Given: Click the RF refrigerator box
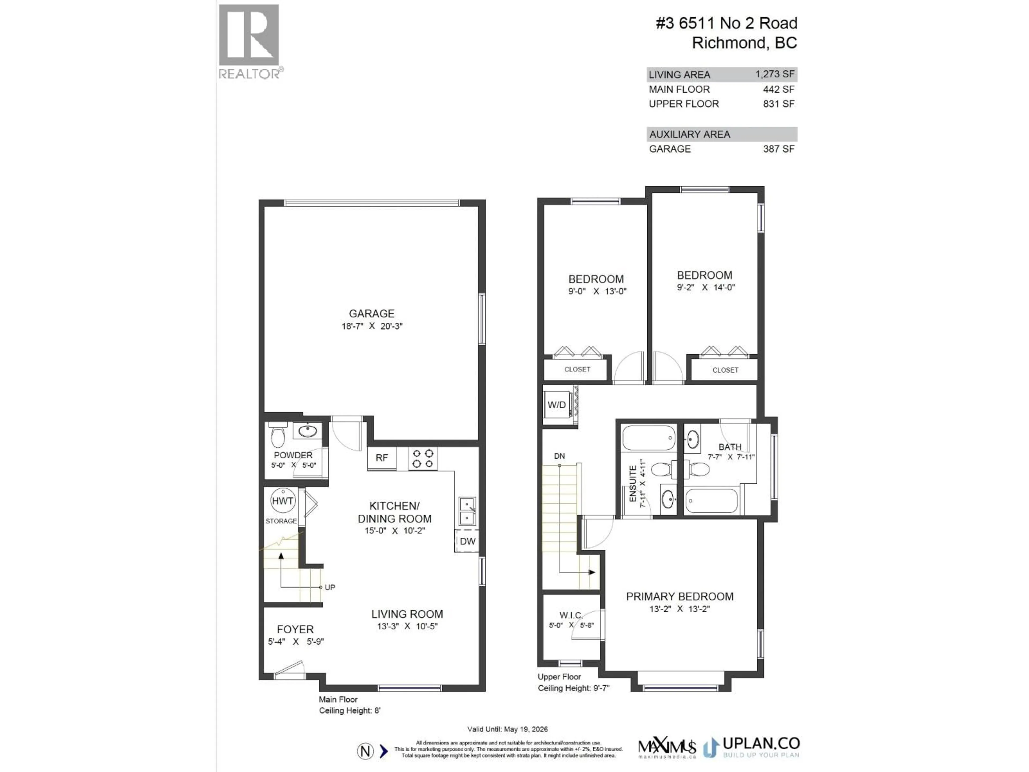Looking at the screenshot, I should click(x=382, y=458).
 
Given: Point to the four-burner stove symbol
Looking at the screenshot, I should click(x=423, y=458).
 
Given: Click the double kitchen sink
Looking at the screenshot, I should click(x=467, y=511).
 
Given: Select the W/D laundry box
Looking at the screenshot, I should click(x=557, y=405).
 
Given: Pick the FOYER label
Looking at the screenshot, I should click(x=295, y=629).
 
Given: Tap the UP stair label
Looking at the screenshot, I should click(x=330, y=587).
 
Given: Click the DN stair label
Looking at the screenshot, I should click(x=559, y=456).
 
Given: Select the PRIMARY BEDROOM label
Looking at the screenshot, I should click(x=679, y=597).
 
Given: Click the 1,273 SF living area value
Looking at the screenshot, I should click(x=774, y=74).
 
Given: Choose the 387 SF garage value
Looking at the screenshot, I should click(x=778, y=149).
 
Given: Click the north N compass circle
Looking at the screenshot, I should click(x=365, y=751).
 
